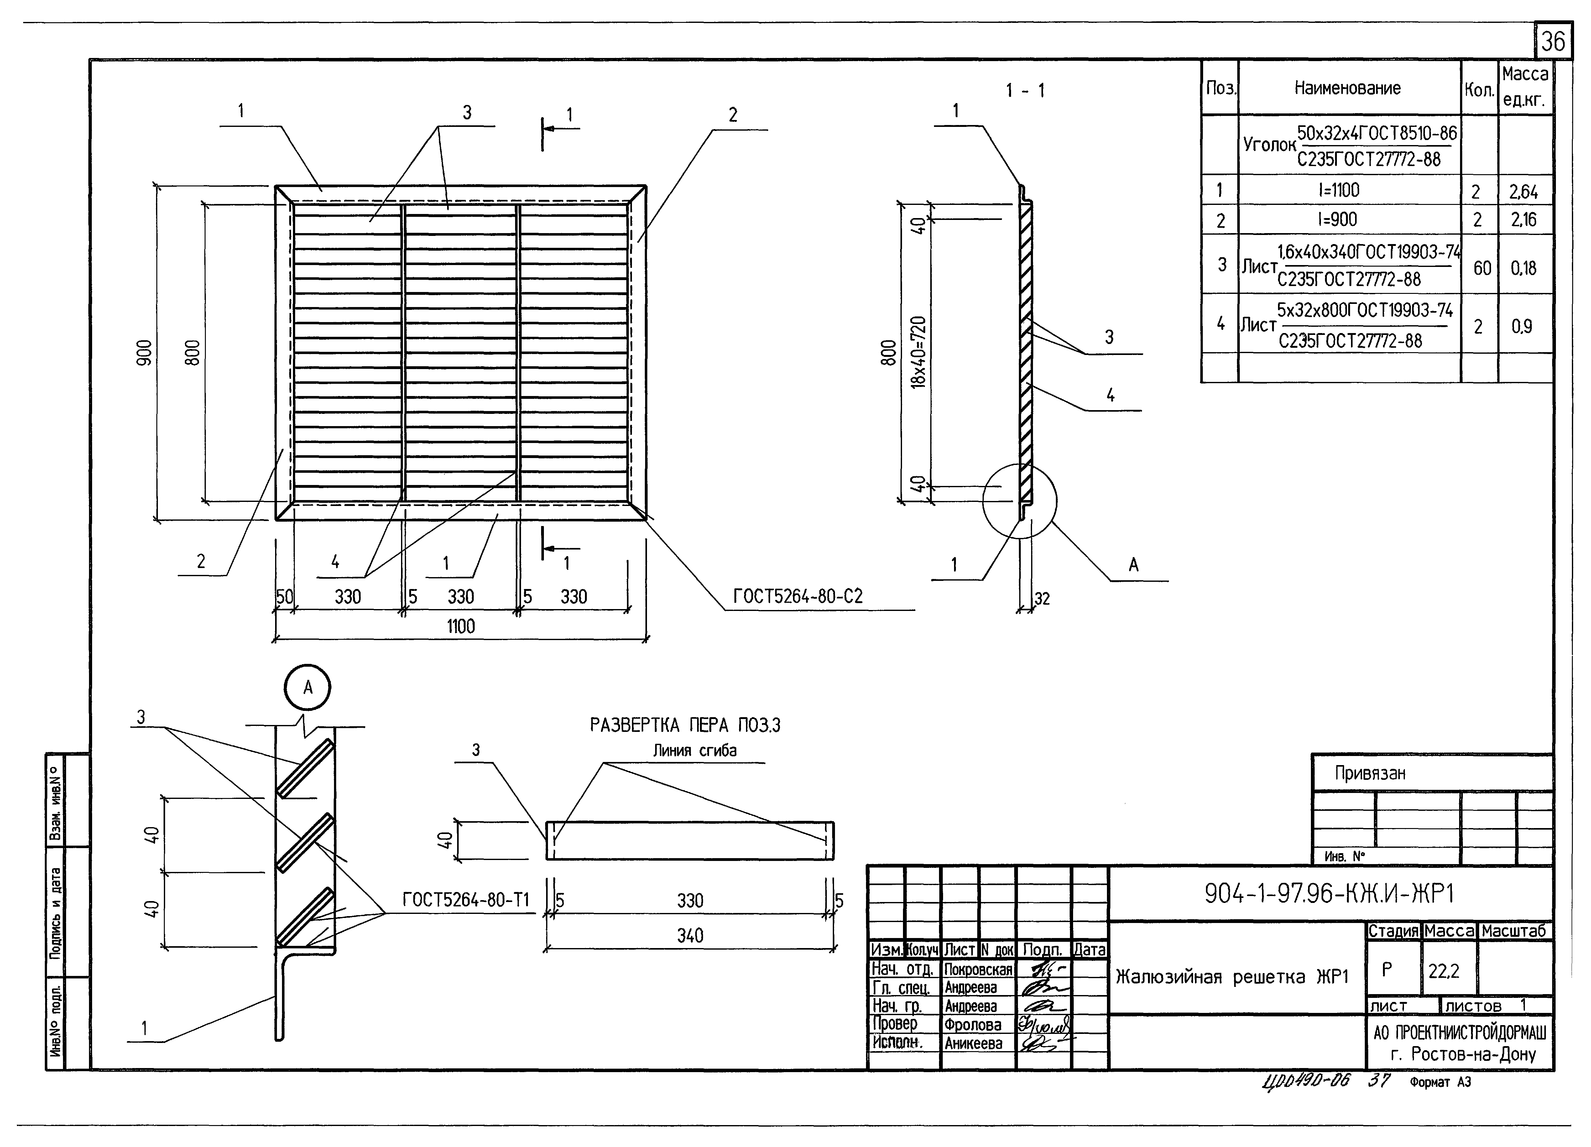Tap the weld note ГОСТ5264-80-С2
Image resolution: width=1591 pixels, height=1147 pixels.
[x=798, y=596]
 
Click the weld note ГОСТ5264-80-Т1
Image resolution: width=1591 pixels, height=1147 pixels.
[x=466, y=900]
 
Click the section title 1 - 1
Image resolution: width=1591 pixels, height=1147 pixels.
[x=1025, y=91]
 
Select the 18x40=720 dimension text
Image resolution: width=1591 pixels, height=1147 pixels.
[x=918, y=352]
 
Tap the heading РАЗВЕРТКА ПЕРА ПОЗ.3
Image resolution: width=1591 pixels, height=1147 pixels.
[x=685, y=725]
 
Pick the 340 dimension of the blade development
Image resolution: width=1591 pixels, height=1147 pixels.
[x=690, y=935]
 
